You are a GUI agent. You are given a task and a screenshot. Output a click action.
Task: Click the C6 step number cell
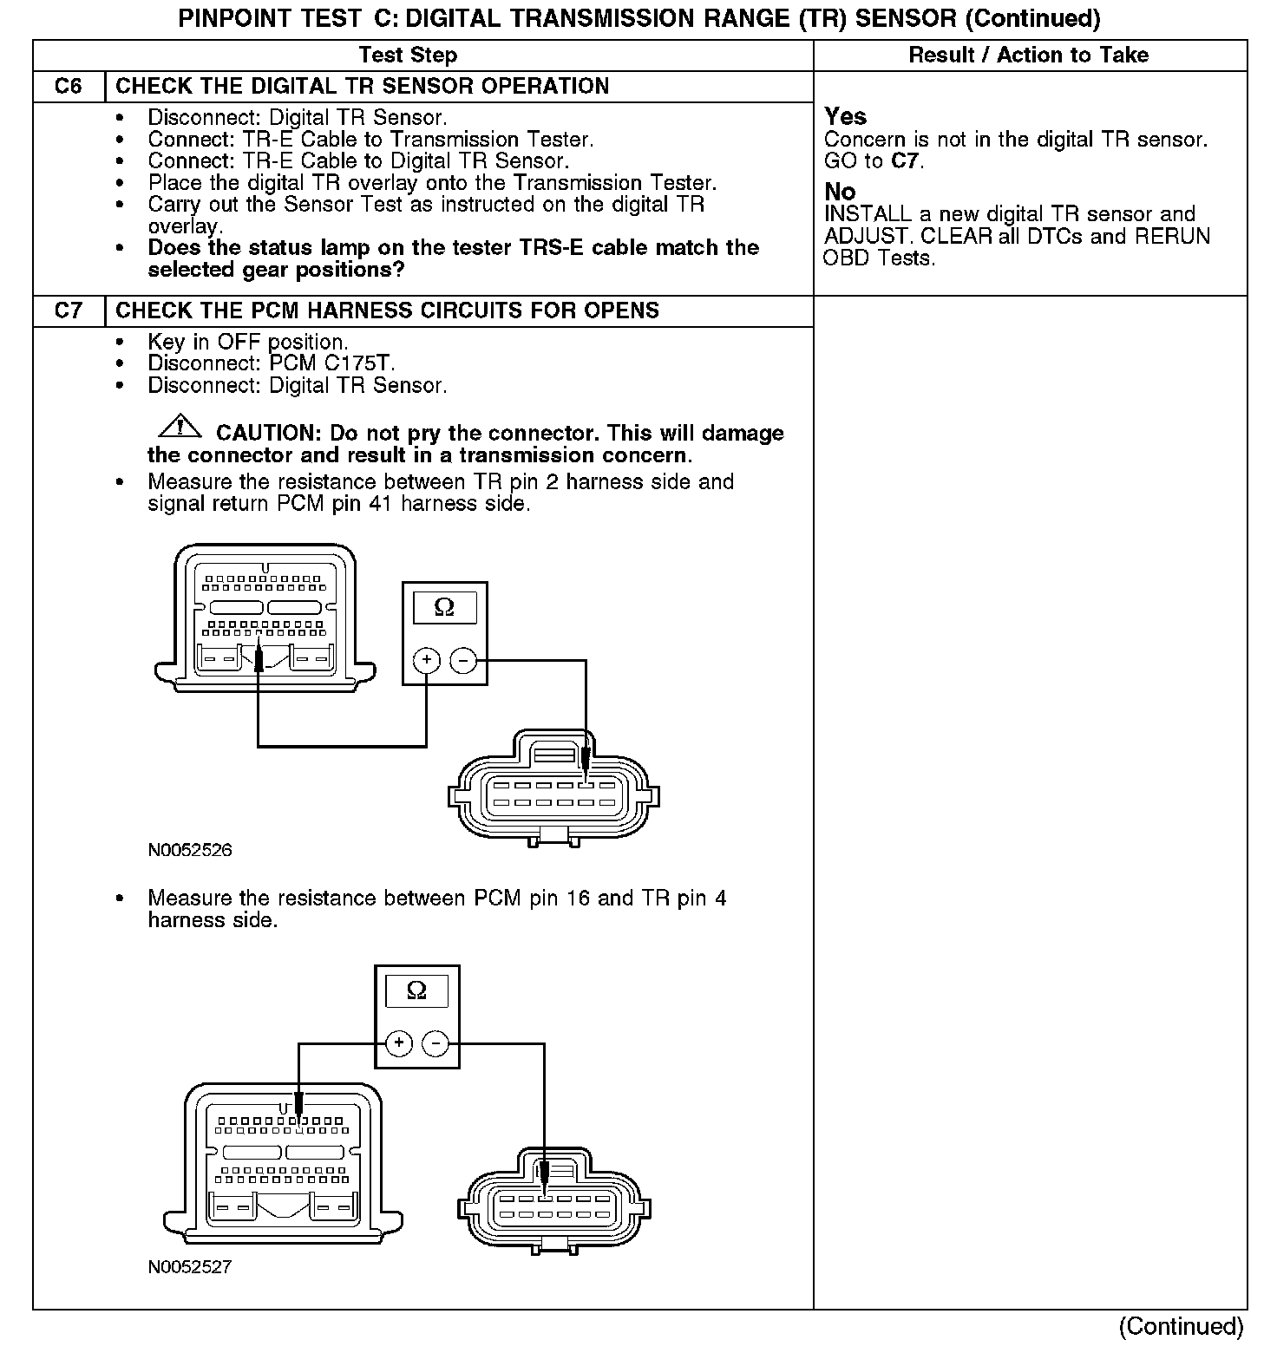click(69, 87)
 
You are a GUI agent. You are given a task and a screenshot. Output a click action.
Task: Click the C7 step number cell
click(69, 310)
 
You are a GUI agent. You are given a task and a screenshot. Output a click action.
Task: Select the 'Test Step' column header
click(408, 56)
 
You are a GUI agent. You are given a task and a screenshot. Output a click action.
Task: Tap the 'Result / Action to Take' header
click(1028, 56)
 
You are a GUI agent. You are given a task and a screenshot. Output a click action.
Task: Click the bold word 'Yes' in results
click(845, 116)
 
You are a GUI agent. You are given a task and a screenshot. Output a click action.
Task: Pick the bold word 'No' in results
click(840, 192)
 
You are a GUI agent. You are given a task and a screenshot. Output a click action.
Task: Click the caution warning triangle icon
click(180, 427)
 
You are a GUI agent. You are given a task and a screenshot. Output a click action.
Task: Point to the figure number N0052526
click(190, 850)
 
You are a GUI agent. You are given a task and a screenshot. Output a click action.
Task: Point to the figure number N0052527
click(190, 1267)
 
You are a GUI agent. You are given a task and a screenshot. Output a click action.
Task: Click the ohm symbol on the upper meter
click(444, 608)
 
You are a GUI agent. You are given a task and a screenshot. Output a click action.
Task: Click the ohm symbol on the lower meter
click(416, 990)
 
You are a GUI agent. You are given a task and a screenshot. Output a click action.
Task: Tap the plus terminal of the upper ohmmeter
click(426, 661)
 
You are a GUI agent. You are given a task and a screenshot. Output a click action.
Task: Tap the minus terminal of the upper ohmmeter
click(463, 661)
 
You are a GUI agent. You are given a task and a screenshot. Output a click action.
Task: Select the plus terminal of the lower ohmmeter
click(398, 1043)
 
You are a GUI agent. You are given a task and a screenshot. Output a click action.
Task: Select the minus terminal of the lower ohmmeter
click(435, 1043)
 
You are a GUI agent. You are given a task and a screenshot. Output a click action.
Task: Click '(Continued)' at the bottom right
click(1181, 1326)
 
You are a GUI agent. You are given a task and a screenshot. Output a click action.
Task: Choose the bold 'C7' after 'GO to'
click(905, 161)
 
